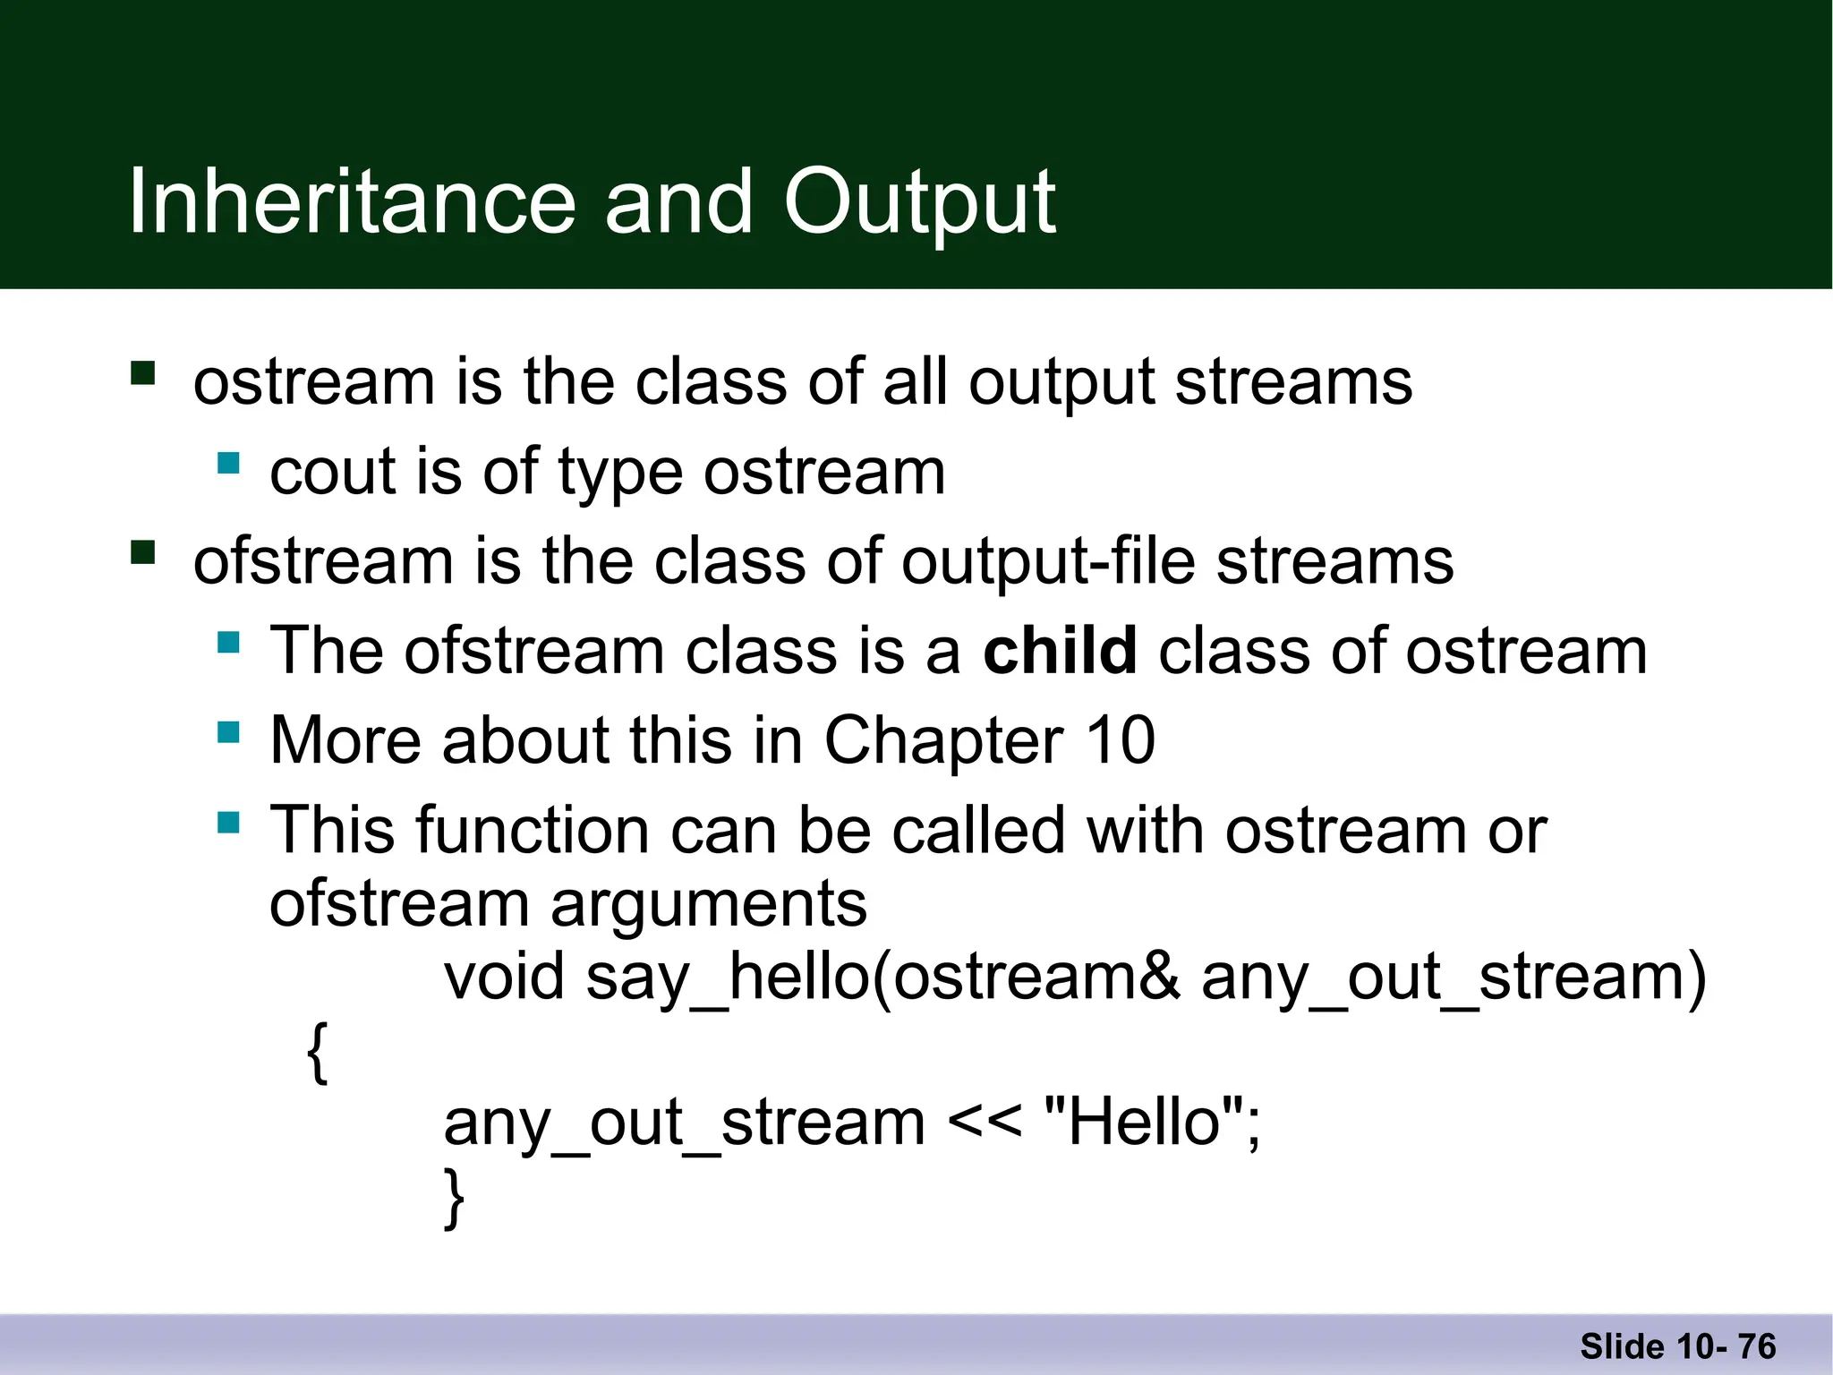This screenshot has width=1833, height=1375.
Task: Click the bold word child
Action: point(1060,651)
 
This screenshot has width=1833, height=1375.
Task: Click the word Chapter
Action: point(943,740)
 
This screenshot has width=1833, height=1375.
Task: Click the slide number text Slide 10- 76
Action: point(1677,1346)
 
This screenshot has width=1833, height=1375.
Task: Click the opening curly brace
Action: point(317,1052)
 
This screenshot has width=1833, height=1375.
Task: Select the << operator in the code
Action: point(984,1123)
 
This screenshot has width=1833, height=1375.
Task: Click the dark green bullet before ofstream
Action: point(143,552)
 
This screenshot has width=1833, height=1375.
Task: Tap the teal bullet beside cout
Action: point(228,463)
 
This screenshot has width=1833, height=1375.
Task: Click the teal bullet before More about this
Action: point(228,732)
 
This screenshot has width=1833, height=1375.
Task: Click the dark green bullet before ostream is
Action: point(143,372)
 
